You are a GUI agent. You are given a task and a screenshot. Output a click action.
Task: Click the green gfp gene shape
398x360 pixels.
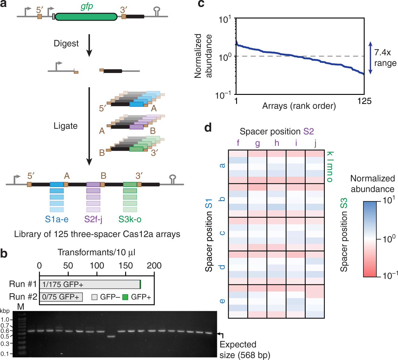(86, 16)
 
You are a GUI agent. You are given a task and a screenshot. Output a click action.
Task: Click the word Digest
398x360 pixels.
(66, 43)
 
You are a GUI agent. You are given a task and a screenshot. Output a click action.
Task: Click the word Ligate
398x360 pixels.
(65, 126)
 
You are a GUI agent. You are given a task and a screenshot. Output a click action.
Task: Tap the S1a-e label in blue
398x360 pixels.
(57, 219)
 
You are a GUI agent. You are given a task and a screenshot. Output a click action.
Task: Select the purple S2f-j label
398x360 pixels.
(93, 219)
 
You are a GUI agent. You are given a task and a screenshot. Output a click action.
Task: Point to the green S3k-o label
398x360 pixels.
(130, 219)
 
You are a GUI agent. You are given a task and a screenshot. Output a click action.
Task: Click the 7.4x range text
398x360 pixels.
(385, 58)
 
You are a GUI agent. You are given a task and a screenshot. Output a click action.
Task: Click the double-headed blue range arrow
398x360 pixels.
(370, 58)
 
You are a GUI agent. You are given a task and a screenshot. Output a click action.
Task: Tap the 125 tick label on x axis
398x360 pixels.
(364, 101)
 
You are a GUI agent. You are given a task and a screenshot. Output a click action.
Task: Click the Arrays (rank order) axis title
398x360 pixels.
(299, 106)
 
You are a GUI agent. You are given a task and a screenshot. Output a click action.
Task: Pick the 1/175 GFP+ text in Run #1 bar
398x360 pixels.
(63, 285)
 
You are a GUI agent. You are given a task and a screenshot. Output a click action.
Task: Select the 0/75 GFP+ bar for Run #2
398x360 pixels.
(61, 297)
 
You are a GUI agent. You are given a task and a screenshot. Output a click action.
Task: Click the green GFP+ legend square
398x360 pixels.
(125, 297)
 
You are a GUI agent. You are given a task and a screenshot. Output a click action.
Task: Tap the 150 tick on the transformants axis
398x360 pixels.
(125, 265)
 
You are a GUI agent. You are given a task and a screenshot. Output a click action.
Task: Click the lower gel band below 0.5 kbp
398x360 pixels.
(111, 336)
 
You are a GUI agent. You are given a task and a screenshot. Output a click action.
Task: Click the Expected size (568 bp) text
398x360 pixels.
(245, 350)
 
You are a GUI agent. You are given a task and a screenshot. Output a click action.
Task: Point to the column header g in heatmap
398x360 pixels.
(257, 143)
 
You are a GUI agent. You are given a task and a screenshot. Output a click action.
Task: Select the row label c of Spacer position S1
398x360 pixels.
(222, 233)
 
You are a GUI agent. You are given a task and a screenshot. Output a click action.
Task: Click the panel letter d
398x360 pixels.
(208, 128)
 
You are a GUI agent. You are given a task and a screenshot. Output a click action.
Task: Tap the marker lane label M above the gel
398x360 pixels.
(21, 307)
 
